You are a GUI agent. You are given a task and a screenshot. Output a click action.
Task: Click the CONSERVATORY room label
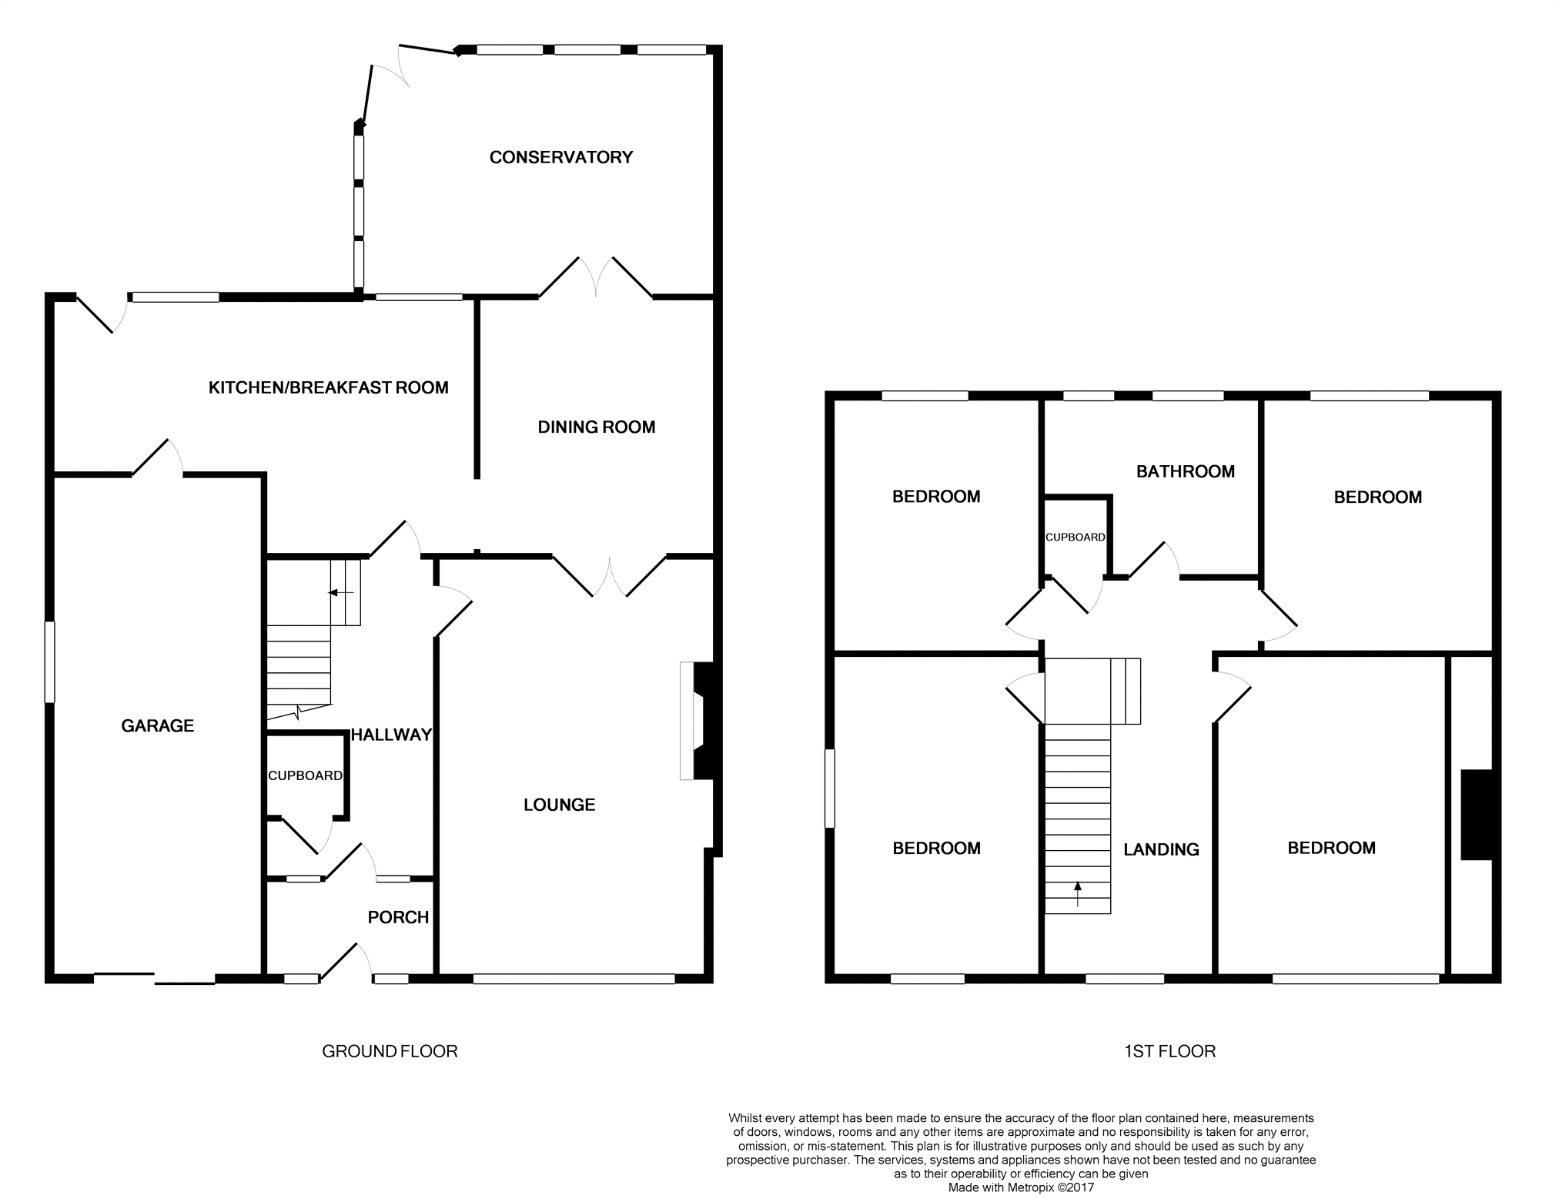pyautogui.click(x=560, y=157)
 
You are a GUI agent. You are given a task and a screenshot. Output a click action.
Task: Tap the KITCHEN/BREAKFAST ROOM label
pyautogui.click(x=328, y=387)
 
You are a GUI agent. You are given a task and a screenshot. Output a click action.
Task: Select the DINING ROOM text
pyautogui.click(x=596, y=427)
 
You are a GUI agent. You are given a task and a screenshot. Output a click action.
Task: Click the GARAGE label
pyautogui.click(x=157, y=725)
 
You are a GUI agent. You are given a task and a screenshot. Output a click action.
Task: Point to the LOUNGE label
pyautogui.click(x=559, y=805)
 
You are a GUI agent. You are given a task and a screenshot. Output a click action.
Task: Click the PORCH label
pyautogui.click(x=397, y=917)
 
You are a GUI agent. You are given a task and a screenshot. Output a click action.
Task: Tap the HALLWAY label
pyautogui.click(x=391, y=735)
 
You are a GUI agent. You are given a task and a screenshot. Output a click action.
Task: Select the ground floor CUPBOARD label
pyautogui.click(x=305, y=775)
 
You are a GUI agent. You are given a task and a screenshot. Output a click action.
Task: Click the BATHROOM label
pyautogui.click(x=1185, y=471)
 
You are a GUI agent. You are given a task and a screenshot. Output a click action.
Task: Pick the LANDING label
pyautogui.click(x=1161, y=849)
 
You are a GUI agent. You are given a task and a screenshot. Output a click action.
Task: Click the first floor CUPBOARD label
pyautogui.click(x=1075, y=537)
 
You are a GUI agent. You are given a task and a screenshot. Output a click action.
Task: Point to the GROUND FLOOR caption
pyautogui.click(x=390, y=1051)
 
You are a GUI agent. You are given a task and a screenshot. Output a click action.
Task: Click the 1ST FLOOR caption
pyautogui.click(x=1169, y=1051)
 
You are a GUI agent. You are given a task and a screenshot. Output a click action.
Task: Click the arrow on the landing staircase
pyautogui.click(x=1077, y=893)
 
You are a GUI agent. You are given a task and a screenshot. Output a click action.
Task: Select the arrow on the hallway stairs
pyautogui.click(x=340, y=592)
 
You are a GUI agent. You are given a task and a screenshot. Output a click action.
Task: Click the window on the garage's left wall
pyautogui.click(x=50, y=662)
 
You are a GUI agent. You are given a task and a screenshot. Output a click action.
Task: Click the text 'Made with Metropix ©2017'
pyautogui.click(x=1020, y=1187)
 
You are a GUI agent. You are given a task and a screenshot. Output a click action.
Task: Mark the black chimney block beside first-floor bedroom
pyautogui.click(x=1477, y=814)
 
